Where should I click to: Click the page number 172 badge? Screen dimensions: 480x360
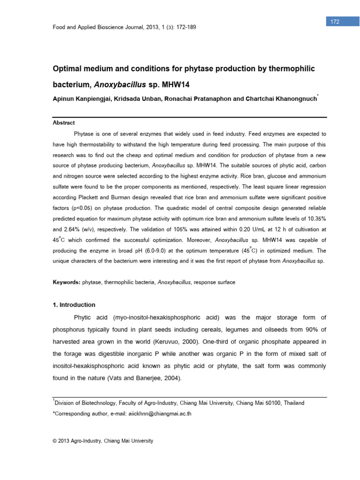click(x=335, y=22)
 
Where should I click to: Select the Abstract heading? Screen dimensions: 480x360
click(x=63, y=123)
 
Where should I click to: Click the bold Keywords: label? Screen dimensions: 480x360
click(x=67, y=282)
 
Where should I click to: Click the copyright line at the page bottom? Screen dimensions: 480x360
click(x=103, y=441)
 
